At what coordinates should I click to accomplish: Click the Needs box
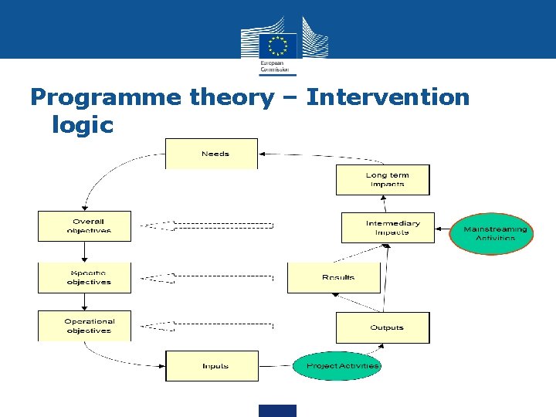click(212, 154)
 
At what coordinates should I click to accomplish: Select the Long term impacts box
click(382, 180)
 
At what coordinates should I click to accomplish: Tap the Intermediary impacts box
click(388, 228)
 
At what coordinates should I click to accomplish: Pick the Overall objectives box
click(85, 226)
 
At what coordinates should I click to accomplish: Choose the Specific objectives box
click(85, 278)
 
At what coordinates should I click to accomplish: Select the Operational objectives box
click(85, 326)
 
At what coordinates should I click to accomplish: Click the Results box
click(334, 278)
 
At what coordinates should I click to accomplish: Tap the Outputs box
click(382, 327)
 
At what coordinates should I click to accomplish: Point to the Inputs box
click(212, 365)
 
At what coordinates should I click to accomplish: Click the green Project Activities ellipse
click(338, 365)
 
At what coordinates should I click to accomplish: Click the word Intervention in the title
click(387, 97)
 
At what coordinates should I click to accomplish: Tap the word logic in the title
click(83, 124)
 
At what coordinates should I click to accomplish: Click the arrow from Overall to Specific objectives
click(85, 252)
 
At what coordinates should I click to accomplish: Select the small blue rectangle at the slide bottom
click(277, 411)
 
